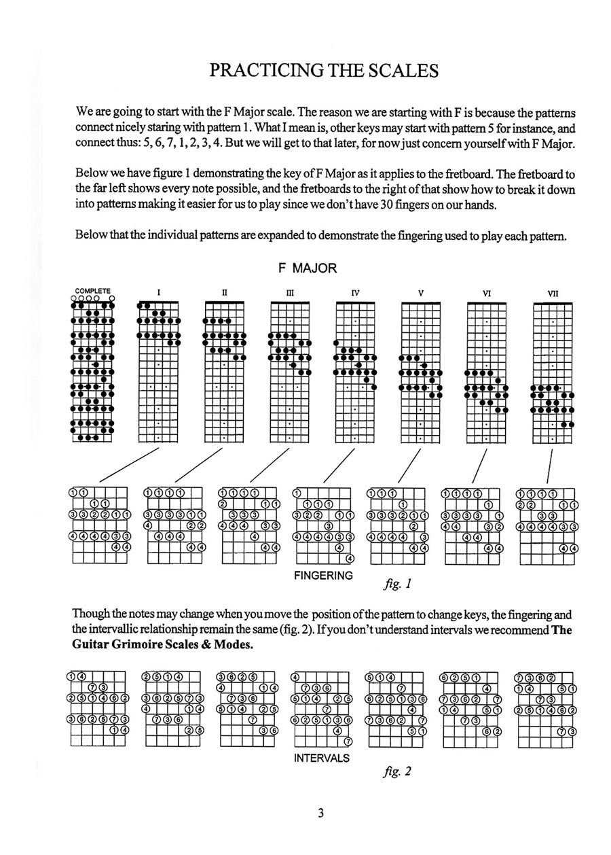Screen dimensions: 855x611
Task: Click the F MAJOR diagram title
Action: [308, 268]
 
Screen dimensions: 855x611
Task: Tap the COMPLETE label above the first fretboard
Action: [92, 290]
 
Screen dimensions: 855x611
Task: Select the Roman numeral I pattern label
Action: [159, 293]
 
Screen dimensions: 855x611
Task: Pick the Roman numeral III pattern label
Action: [290, 293]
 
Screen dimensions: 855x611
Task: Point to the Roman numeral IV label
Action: [355, 293]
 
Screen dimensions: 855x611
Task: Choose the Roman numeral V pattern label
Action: [421, 293]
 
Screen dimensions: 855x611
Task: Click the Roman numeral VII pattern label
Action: [552, 294]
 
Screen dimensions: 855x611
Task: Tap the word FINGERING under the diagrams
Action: [323, 576]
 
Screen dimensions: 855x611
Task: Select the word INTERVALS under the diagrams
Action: [322, 758]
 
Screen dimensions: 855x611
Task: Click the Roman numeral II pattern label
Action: [224, 293]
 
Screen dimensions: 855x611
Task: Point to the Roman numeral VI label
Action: [486, 294]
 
